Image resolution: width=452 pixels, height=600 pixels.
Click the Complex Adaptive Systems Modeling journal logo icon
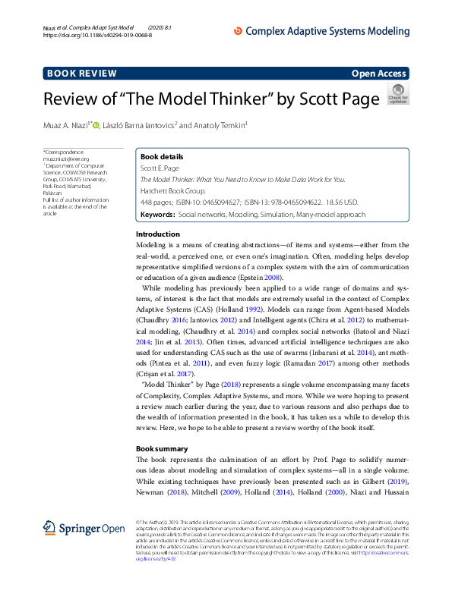(x=238, y=30)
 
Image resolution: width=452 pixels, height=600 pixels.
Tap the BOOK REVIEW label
(x=82, y=74)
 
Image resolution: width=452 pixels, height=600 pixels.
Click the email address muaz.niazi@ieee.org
(x=66, y=159)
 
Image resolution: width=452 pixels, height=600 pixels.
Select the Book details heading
(x=161, y=156)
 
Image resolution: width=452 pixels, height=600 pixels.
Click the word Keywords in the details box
(x=157, y=215)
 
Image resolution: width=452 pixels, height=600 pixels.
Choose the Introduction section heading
(x=157, y=234)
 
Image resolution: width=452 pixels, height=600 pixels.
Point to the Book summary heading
(x=163, y=448)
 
